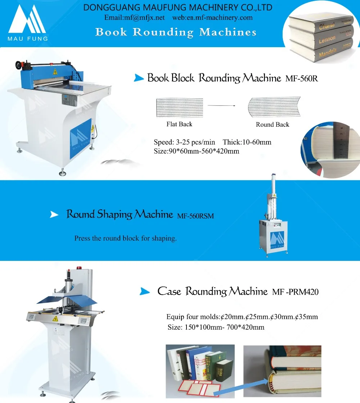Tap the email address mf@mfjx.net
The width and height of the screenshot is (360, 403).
coord(134,18)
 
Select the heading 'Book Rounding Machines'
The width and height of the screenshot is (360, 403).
coord(176,32)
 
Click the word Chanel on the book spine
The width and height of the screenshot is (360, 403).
coord(327,26)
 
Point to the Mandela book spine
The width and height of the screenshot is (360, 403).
coord(328,53)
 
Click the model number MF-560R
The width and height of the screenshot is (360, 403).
coord(302,78)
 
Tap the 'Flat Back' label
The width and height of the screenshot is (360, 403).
coord(179,124)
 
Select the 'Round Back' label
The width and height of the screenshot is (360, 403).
coord(273,124)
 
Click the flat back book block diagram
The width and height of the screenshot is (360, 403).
coord(180,107)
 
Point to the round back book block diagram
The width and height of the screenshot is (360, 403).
coord(274,107)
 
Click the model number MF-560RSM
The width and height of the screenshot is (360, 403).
coord(195,216)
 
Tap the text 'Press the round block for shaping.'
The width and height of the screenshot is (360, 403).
coord(125,238)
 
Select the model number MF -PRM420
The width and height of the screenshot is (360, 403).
coord(295,292)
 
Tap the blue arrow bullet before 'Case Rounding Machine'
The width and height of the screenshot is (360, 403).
coord(144,291)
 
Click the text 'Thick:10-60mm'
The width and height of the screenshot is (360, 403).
coord(247,142)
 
